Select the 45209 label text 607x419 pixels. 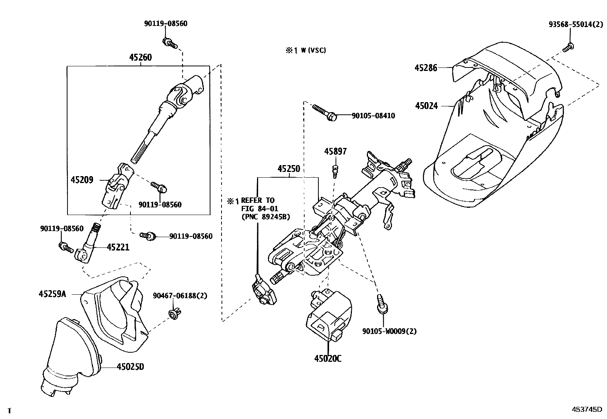click(x=82, y=179)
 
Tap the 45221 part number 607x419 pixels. click(x=118, y=247)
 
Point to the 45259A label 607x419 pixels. click(x=52, y=294)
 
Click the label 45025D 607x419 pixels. click(x=130, y=367)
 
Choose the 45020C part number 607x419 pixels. click(x=328, y=358)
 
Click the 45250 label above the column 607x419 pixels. click(x=288, y=169)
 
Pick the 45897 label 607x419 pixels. click(x=336, y=151)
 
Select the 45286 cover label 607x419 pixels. click(x=426, y=68)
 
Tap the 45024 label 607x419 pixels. click(x=426, y=106)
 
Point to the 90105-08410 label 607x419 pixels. click(x=373, y=116)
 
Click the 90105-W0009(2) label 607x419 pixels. click(x=389, y=331)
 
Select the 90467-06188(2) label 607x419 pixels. click(x=180, y=295)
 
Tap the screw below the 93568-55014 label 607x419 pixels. click(x=568, y=48)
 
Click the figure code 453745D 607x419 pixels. click(x=586, y=409)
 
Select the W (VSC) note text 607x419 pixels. click(x=306, y=50)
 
